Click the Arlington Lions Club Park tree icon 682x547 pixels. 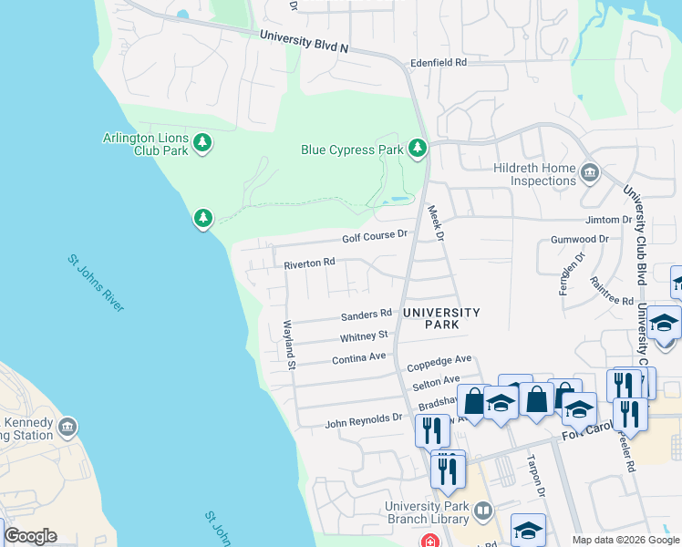click(202, 143)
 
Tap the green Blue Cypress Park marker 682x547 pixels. click(418, 148)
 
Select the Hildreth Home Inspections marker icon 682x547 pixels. click(589, 171)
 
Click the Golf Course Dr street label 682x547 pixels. click(374, 236)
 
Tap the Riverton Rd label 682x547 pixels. click(309, 263)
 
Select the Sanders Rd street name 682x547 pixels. click(366, 315)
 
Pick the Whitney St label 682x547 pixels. click(365, 336)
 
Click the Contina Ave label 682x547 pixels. click(359, 358)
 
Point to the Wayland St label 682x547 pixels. click(290, 345)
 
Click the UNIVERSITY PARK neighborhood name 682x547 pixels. click(441, 317)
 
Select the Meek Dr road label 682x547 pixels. click(435, 222)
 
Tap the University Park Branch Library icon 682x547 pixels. click(483, 512)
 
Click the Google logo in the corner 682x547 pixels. click(30, 536)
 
